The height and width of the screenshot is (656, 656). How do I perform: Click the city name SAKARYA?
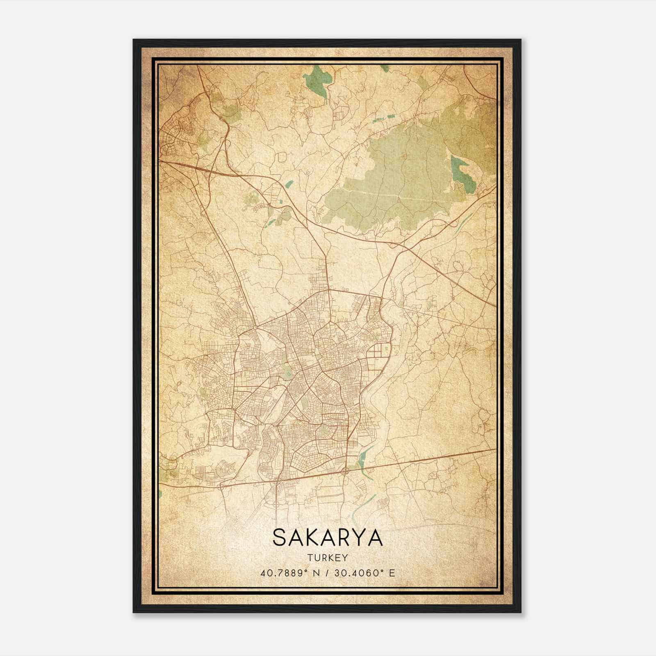coord(327,538)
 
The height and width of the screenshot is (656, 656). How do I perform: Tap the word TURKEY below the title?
coord(327,558)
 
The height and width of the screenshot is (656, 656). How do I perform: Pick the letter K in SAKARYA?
coord(315,538)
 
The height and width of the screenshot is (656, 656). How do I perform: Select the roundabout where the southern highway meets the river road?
coord(346,470)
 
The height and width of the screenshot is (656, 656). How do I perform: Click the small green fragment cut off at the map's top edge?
coord(384,68)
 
